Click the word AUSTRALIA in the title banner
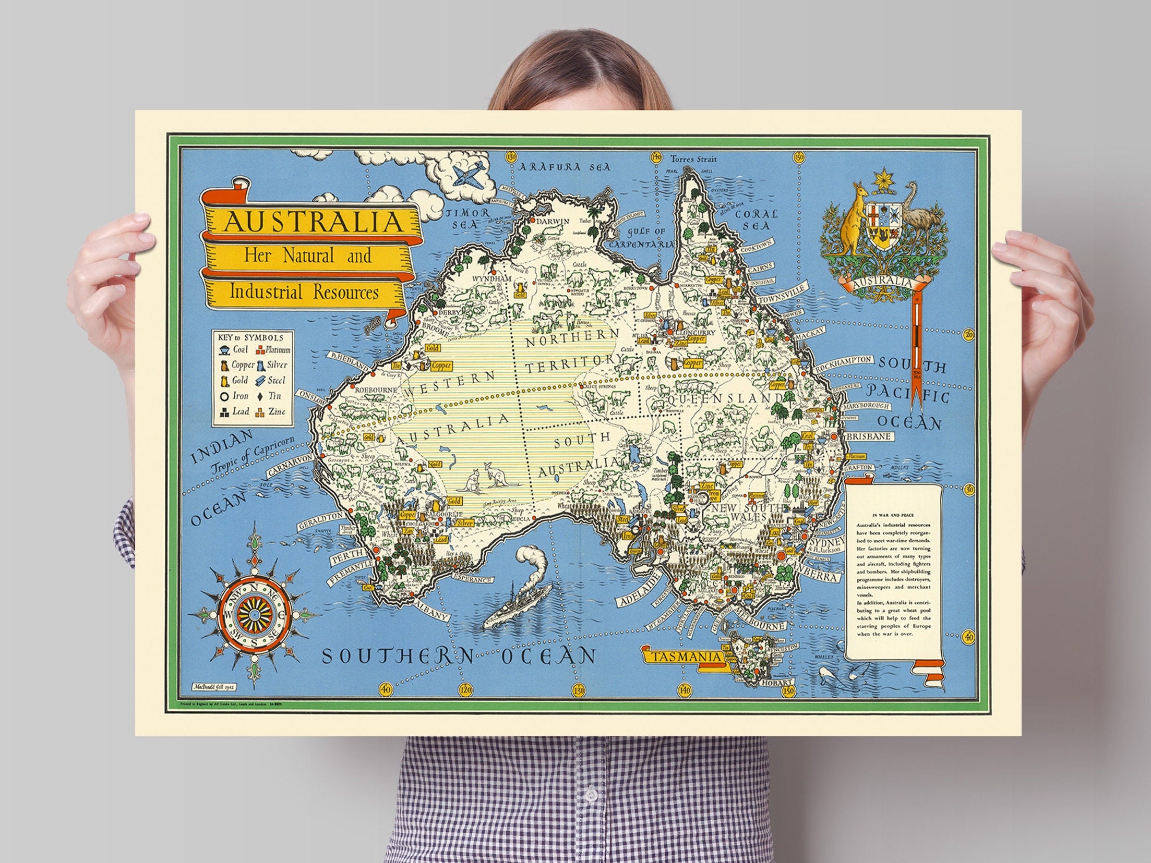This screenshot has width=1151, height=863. (x=314, y=222)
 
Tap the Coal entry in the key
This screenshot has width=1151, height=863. (x=234, y=349)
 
